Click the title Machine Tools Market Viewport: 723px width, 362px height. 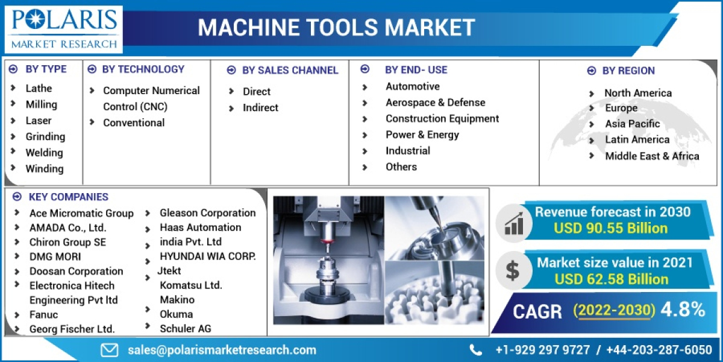click(336, 27)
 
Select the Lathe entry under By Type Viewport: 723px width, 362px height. click(39, 88)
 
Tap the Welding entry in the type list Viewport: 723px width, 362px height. click(44, 153)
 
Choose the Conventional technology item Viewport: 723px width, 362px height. click(134, 122)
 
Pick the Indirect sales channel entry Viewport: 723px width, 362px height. click(260, 107)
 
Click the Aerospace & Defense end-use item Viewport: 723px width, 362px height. click(435, 103)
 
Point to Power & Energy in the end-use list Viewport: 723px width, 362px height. click(422, 135)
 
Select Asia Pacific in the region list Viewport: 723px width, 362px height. click(633, 124)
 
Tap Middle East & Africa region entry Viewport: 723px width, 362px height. click(652, 156)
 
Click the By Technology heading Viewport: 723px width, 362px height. click(143, 69)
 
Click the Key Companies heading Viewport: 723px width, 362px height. click(69, 197)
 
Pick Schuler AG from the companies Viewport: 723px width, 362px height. click(186, 328)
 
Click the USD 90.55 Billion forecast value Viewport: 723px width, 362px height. click(611, 228)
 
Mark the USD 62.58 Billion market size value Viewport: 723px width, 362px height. click(611, 279)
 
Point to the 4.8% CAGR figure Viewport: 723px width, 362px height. click(683, 310)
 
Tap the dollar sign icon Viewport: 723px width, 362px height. click(512, 271)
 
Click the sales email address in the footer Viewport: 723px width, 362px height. click(222, 350)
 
